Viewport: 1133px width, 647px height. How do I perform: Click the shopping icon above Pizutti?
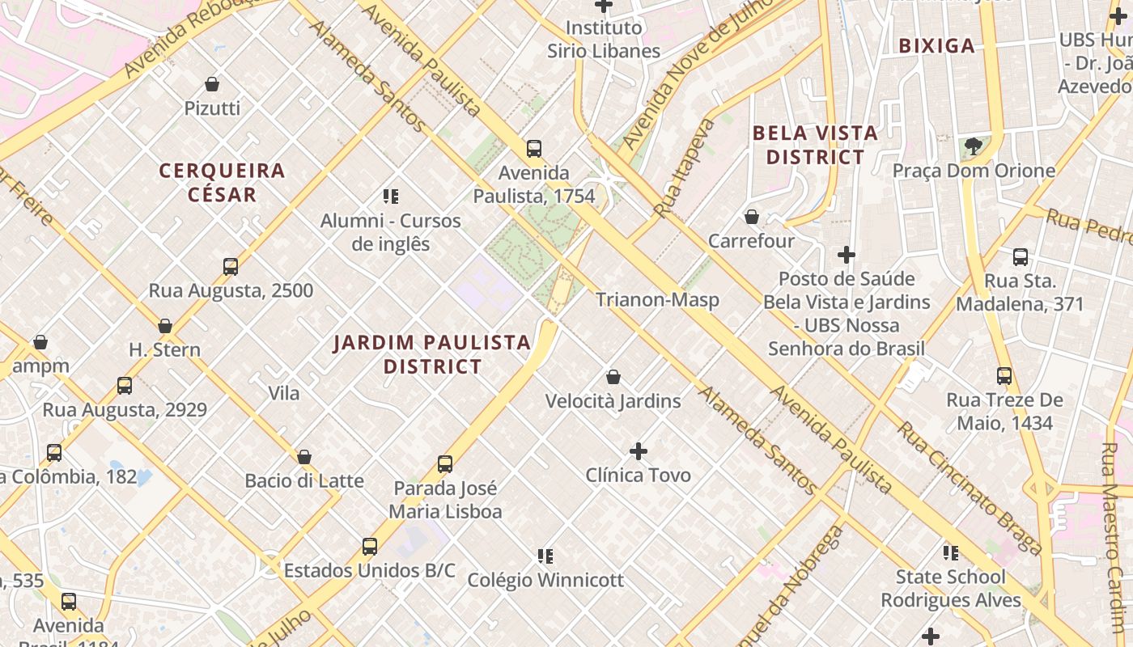point(212,84)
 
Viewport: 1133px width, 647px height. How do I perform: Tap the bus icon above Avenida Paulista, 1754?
point(534,149)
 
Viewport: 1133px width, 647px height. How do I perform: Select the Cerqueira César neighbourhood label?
point(222,182)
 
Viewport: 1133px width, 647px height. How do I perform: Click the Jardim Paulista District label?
point(433,354)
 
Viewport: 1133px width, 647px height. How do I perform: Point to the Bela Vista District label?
point(815,145)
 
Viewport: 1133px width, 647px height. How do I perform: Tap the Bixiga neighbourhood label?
point(937,46)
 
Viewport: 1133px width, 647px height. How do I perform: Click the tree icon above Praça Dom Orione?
point(974,146)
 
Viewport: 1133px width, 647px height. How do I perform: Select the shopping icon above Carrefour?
point(752,217)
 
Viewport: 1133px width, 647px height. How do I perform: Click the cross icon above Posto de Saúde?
point(847,255)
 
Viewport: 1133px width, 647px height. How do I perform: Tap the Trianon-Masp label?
point(657,300)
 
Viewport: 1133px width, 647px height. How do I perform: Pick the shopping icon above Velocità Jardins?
point(613,377)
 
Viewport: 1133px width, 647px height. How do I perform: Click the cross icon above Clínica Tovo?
point(639,450)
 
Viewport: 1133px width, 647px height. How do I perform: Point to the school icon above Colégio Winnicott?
point(545,556)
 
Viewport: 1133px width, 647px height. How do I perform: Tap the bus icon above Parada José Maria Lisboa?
point(445,464)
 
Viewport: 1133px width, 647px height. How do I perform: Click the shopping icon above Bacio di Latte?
point(304,457)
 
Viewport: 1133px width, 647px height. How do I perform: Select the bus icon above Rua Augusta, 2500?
point(231,267)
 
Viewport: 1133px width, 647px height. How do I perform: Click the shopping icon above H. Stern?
point(165,326)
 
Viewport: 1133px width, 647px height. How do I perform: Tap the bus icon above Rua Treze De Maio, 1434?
point(1004,376)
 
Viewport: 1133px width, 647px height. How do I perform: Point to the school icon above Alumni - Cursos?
point(391,197)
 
